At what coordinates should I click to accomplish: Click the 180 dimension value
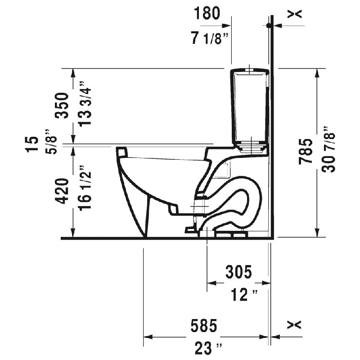click(207, 13)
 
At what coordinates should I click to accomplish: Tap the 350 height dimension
click(62, 105)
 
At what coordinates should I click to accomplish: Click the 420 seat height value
click(62, 191)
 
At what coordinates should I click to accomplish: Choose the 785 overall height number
click(306, 152)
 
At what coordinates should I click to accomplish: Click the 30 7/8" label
click(329, 149)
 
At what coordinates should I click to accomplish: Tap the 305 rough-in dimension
click(239, 272)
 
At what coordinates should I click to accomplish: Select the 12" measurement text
click(244, 295)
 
